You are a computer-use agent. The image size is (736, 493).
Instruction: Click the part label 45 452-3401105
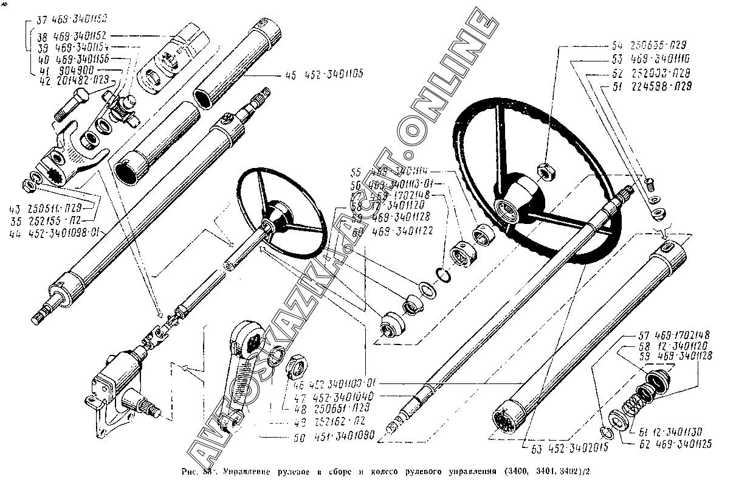point(322,75)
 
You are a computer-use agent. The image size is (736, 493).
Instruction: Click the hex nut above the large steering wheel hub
point(546,172)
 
